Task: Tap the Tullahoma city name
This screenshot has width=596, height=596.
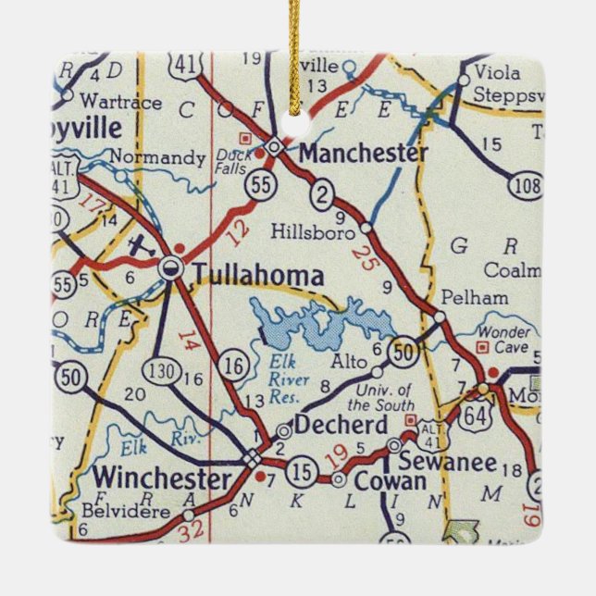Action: coord(258,275)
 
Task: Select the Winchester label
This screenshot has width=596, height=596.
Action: coord(163,479)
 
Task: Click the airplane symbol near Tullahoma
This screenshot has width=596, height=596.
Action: coord(140,247)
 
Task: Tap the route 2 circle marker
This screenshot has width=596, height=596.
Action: coord(321,193)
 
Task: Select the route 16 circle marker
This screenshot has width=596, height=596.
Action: coord(236,367)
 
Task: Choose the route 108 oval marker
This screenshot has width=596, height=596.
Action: coord(526,186)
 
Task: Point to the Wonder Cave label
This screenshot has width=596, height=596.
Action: coord(504,339)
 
